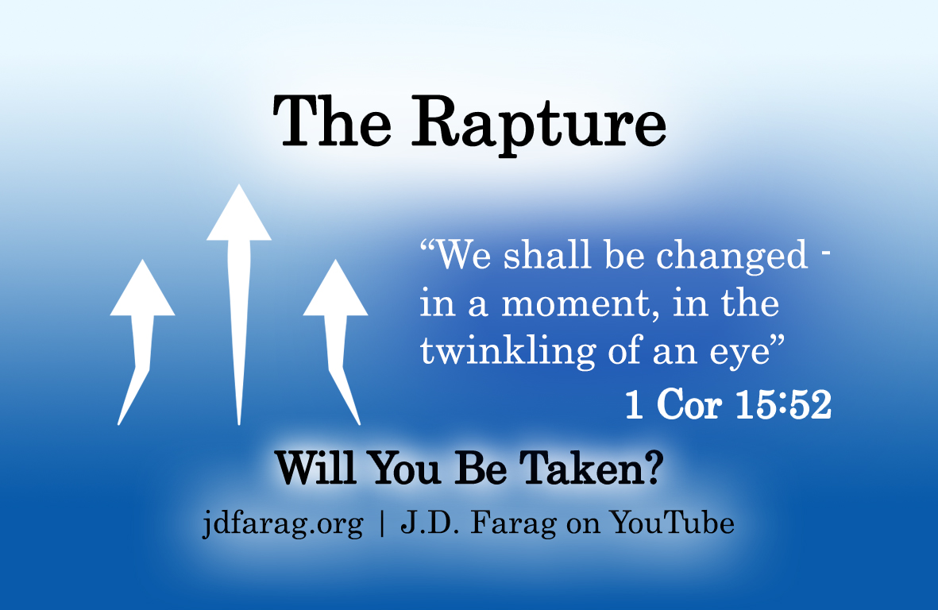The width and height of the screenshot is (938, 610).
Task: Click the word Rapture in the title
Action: pos(538,125)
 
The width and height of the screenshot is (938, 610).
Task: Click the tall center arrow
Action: pos(239,304)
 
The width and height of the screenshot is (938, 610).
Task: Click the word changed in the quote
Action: pos(732,257)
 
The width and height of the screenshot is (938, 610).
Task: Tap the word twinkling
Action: pos(508,351)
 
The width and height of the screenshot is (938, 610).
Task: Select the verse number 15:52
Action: pos(783,404)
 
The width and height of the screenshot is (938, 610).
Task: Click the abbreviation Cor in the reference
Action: pos(689,404)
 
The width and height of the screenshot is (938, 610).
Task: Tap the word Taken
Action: pos(581,468)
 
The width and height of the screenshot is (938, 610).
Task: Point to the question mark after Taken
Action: pos(655,468)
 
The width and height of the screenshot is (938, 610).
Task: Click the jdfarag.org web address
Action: pos(283,524)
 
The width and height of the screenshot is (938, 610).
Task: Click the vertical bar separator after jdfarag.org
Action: pos(382,524)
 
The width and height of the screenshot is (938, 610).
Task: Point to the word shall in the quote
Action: pos(547,256)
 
